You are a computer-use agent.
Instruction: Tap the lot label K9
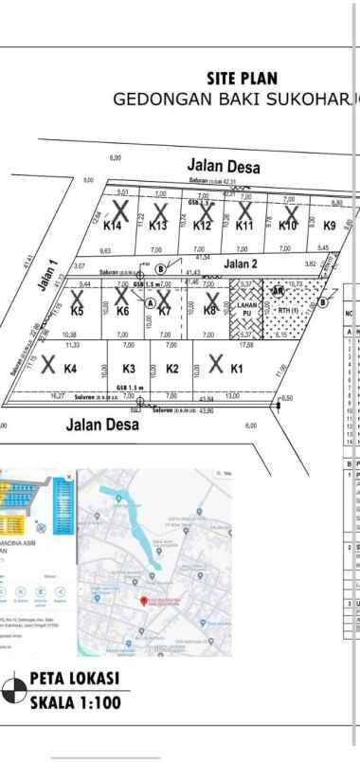pyautogui.click(x=329, y=226)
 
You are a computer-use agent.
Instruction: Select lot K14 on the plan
pyautogui.click(x=113, y=226)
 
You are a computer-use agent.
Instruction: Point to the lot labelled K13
pyautogui.click(x=157, y=226)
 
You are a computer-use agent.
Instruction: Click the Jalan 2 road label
pyautogui.click(x=241, y=263)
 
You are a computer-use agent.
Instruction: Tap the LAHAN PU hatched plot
pyautogui.click(x=245, y=308)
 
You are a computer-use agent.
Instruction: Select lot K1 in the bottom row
pyautogui.click(x=236, y=368)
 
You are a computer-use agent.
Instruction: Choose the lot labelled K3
pyautogui.click(x=130, y=369)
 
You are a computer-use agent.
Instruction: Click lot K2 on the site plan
pyautogui.click(x=171, y=369)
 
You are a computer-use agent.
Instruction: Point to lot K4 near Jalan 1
pyautogui.click(x=70, y=368)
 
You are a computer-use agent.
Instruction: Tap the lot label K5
pyautogui.click(x=78, y=311)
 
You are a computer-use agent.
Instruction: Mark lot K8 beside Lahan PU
pyautogui.click(x=209, y=310)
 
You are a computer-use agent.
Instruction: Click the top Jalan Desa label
pyautogui.click(x=225, y=165)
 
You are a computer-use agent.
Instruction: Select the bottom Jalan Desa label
pyautogui.click(x=102, y=425)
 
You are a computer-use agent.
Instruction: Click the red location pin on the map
pyautogui.click(x=143, y=601)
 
